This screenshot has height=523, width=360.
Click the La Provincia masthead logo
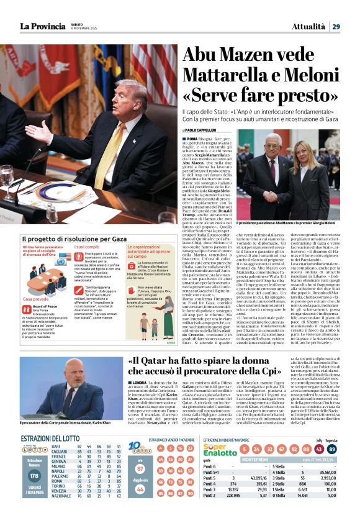tap(42, 25)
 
